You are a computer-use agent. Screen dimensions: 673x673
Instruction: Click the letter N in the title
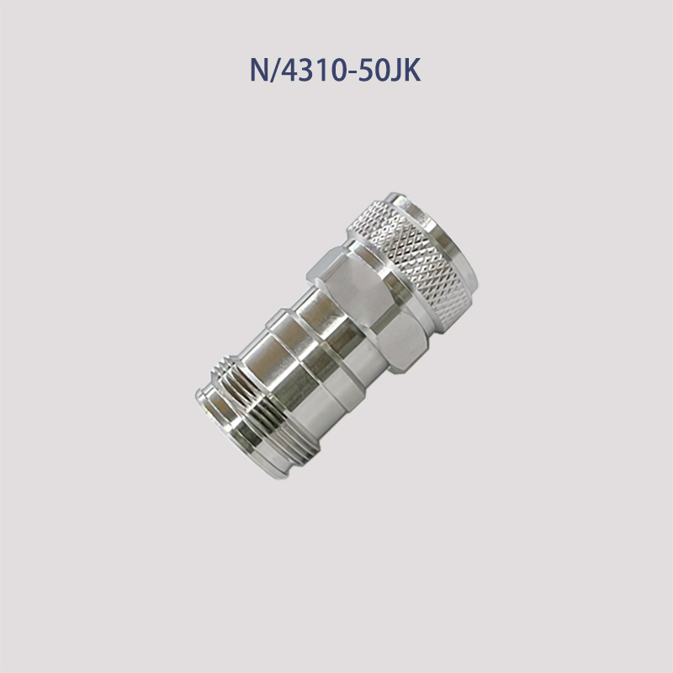click(260, 71)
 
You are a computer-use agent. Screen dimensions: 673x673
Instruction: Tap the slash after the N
click(276, 71)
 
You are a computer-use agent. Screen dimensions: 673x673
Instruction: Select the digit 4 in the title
click(291, 71)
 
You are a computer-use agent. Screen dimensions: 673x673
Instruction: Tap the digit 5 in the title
click(365, 71)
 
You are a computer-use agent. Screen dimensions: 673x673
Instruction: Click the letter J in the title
click(396, 71)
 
